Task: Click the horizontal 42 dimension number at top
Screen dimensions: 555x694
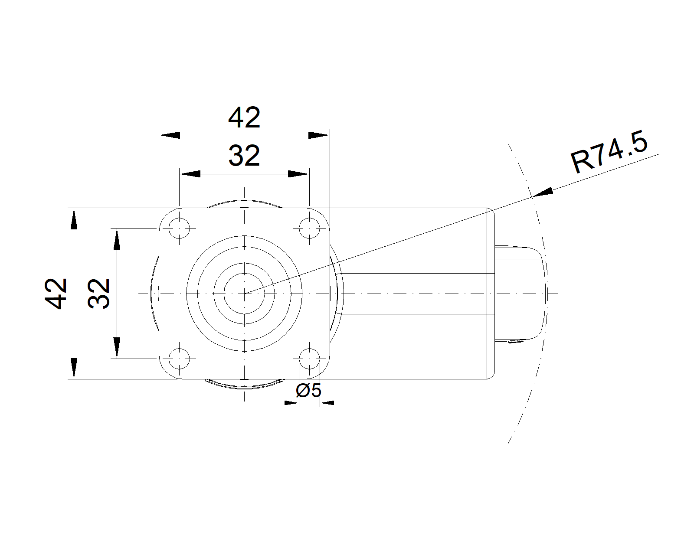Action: coord(244,118)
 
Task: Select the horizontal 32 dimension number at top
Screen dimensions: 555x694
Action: coord(244,156)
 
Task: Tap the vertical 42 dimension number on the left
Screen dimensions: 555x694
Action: coord(56,294)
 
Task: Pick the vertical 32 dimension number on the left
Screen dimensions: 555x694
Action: coord(99,294)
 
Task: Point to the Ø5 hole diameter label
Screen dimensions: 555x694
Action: coord(308,391)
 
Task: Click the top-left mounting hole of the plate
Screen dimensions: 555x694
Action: coord(179,228)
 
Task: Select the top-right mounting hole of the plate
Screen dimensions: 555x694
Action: coord(309,228)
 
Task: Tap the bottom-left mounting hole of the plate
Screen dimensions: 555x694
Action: coord(179,359)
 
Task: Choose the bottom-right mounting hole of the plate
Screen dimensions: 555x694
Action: coord(309,359)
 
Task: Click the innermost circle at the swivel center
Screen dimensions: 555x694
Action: coord(245,294)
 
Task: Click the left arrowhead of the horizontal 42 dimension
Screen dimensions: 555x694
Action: coord(170,135)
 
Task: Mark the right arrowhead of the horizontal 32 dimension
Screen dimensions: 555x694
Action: coord(299,174)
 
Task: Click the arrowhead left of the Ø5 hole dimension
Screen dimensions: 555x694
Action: coord(291,403)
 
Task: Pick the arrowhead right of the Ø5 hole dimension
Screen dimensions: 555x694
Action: coord(328,403)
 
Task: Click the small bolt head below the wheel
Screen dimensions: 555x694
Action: coord(515,342)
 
